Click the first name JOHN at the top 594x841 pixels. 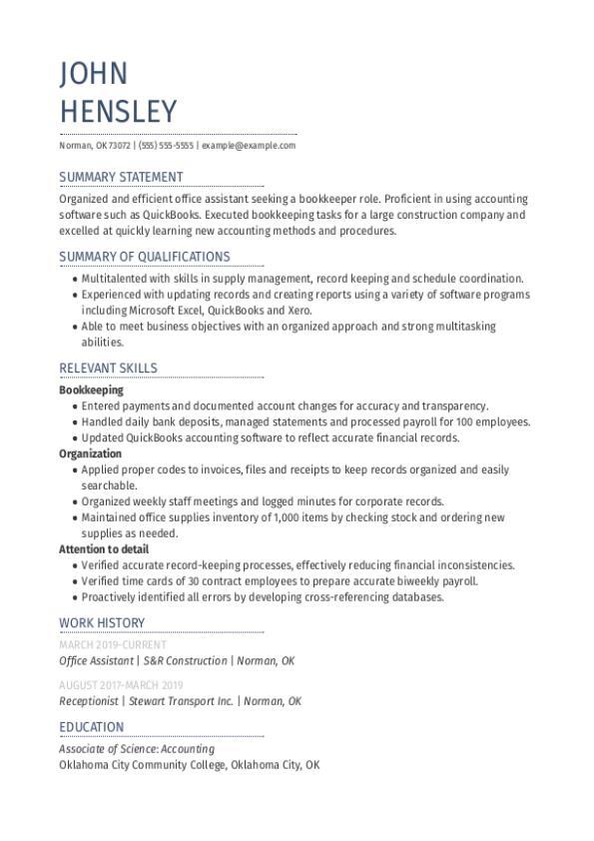tap(94, 74)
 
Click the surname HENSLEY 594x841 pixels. tap(118, 111)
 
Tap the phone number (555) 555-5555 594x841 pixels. tap(166, 146)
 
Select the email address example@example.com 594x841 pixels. tap(249, 146)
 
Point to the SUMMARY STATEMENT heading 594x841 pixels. tap(121, 178)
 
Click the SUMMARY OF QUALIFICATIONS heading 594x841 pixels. tap(145, 257)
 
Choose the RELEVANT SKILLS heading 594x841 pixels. tap(108, 369)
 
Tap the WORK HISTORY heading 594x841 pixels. tap(102, 623)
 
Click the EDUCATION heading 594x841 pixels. tap(92, 727)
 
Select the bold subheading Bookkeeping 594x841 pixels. tap(91, 391)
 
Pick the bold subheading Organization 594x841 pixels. tap(90, 453)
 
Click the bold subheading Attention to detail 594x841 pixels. tap(104, 549)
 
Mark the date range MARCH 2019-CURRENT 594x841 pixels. tap(113, 645)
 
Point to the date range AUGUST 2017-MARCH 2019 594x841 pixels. tap(121, 685)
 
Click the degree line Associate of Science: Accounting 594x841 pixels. tap(137, 749)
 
